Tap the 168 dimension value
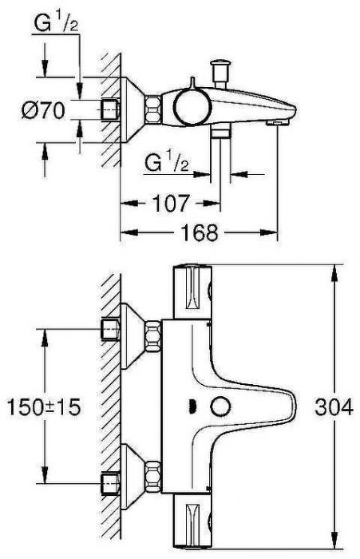pyautogui.click(x=197, y=232)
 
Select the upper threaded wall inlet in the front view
pyautogui.click(x=110, y=329)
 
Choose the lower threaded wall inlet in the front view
pyautogui.click(x=110, y=482)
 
